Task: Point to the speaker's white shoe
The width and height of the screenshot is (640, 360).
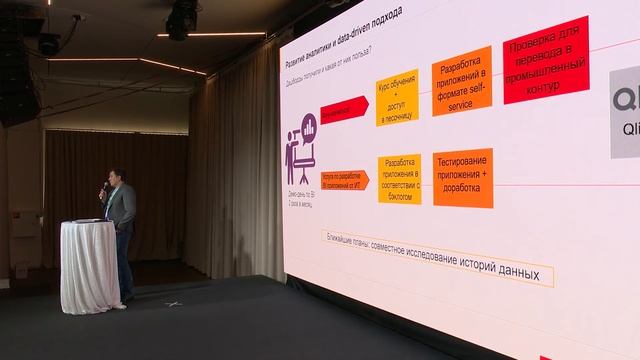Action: coord(119,304)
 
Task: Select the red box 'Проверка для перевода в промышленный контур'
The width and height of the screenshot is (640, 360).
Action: coord(546,59)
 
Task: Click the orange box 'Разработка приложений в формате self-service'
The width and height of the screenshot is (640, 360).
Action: coord(461,80)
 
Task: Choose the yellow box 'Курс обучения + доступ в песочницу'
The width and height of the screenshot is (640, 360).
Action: coord(397,98)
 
